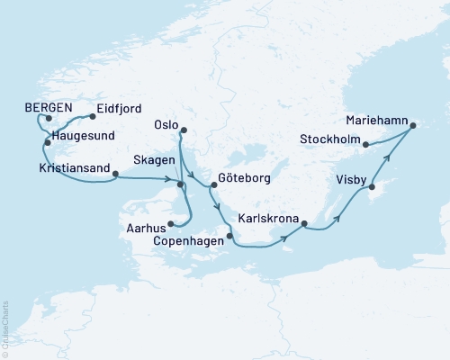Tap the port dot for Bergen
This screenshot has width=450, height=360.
49,118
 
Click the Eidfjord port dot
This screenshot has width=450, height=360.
94,116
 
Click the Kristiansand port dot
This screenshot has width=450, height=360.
115,175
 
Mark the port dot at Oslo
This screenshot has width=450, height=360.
184,132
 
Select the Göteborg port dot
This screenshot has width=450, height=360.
212,185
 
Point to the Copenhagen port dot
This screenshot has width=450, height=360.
230,237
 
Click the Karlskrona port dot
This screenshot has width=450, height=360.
304,223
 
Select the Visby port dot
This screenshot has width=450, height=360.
371,185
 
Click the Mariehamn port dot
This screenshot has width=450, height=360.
413,126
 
